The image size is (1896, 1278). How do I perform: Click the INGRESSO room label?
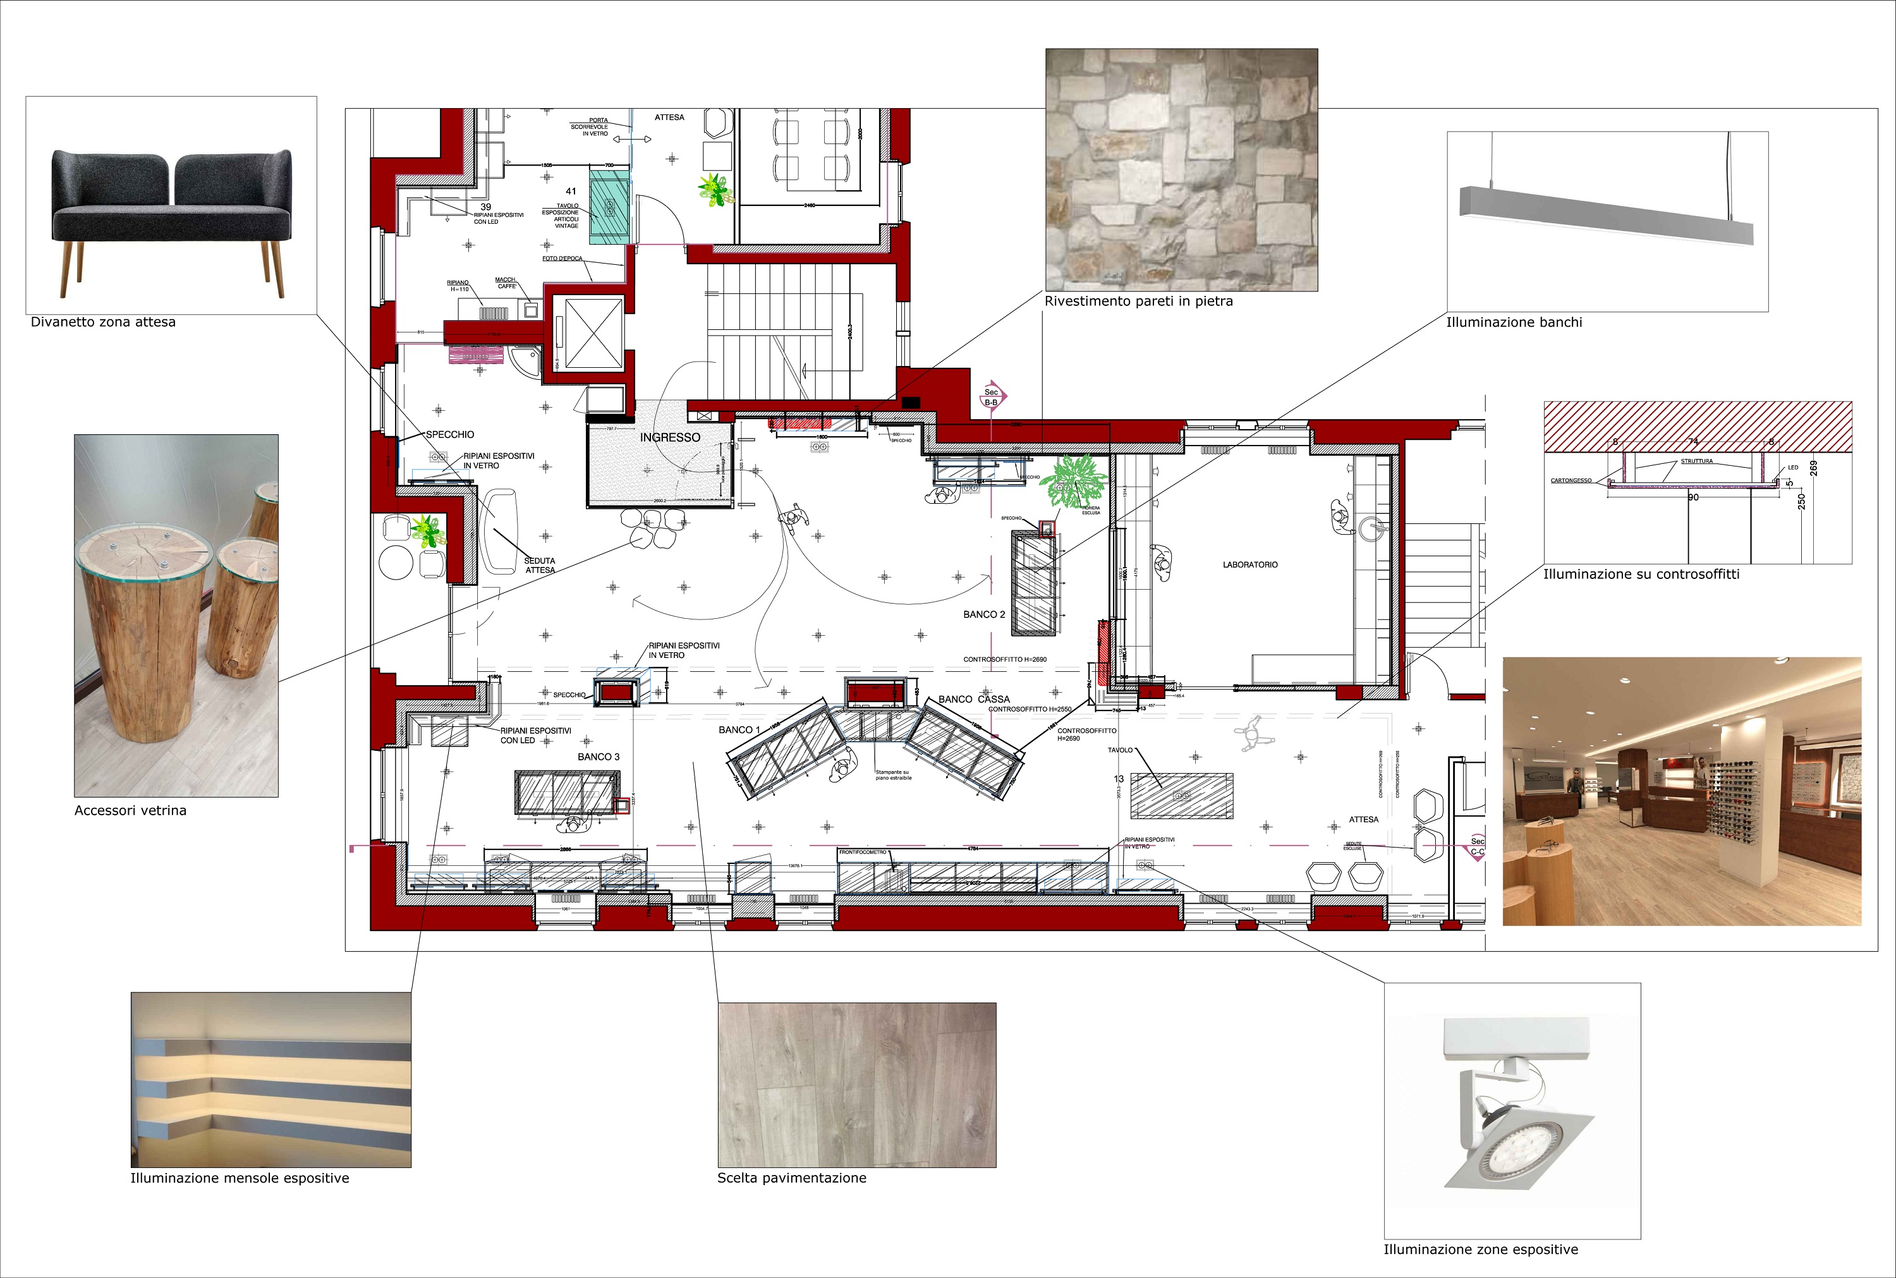670,437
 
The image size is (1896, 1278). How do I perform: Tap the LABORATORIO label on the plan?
1250,565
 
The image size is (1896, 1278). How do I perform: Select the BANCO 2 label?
983,614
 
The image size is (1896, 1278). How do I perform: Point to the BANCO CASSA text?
974,699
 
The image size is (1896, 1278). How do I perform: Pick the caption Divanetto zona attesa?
104,322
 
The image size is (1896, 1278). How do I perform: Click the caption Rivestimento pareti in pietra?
1138,301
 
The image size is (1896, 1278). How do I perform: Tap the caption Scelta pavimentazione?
791,1178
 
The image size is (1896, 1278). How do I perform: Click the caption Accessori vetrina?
130,810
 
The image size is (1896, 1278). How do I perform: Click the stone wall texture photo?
1181,169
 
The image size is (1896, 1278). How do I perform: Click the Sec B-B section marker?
992,397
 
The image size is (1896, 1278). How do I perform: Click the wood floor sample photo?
856,1084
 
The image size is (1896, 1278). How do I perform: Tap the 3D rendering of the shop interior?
1681,791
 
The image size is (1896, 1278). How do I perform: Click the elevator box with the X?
588,335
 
